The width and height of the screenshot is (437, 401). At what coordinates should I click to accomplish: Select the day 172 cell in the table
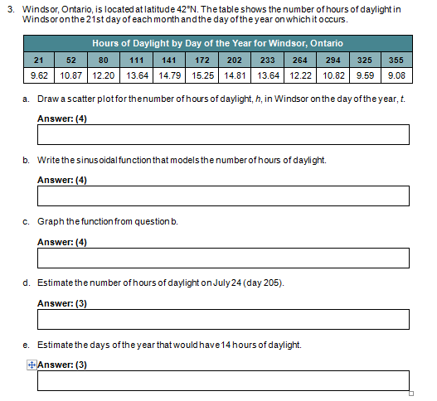[x=201, y=60]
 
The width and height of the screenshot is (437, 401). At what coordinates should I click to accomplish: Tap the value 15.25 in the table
[x=201, y=75]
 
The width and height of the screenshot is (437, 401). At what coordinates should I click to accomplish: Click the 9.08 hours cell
[x=396, y=75]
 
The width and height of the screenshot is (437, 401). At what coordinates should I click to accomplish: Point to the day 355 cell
[x=396, y=60]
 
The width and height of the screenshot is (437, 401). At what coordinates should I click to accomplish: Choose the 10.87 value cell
[x=71, y=75]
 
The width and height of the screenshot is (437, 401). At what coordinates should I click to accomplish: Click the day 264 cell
[x=300, y=60]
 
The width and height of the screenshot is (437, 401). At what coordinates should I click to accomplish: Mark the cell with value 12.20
[x=104, y=75]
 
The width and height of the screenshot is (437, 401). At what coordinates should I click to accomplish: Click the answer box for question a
[x=223, y=134]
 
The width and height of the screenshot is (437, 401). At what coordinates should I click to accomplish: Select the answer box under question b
[x=223, y=196]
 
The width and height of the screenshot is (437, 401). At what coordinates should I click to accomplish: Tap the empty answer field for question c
[x=223, y=258]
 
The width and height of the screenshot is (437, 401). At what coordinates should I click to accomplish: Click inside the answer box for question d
[x=223, y=319]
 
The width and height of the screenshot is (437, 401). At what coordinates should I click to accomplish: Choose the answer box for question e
[x=223, y=380]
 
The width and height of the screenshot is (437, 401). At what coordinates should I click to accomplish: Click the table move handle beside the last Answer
[x=32, y=365]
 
